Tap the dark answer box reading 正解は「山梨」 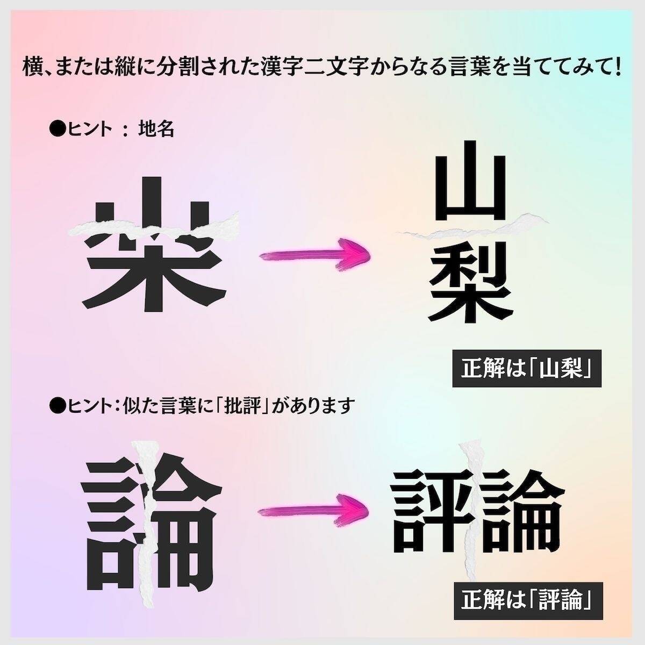coord(527,369)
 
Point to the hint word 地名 coord(156,129)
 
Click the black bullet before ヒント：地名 coord(58,129)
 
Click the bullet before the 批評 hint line coord(58,406)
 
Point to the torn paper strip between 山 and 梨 coord(472,227)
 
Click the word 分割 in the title coord(182,67)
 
